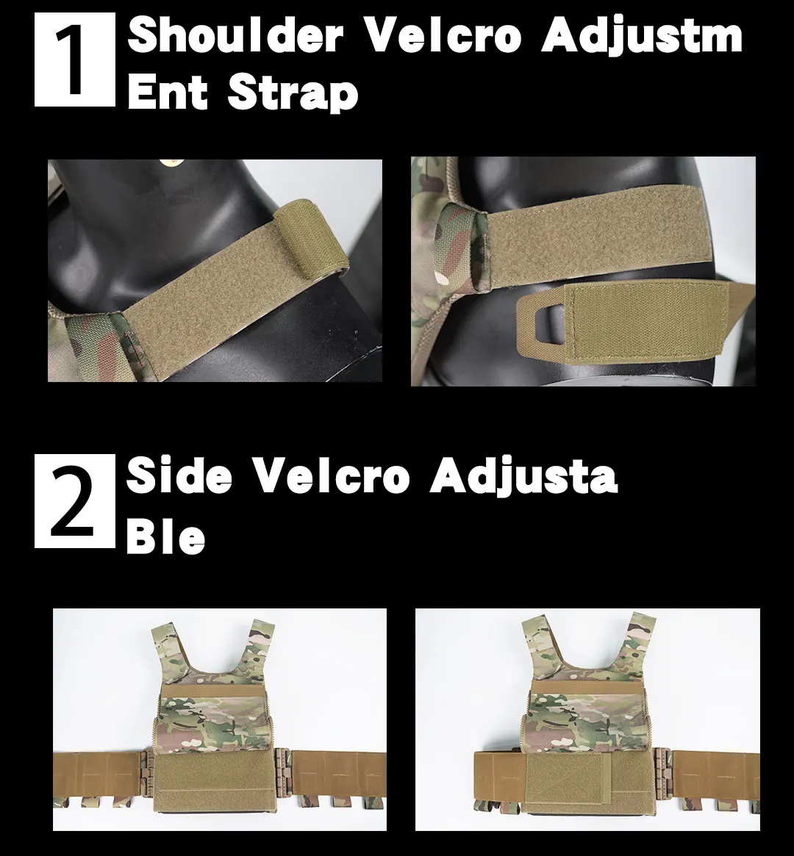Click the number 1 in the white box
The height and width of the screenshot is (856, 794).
75,60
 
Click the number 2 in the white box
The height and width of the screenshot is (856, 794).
76,500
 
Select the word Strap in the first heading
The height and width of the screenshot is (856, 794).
293,94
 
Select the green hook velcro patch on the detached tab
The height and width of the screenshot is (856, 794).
649,322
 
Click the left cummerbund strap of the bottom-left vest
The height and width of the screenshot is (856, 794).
99,774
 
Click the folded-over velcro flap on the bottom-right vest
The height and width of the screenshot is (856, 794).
568,779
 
